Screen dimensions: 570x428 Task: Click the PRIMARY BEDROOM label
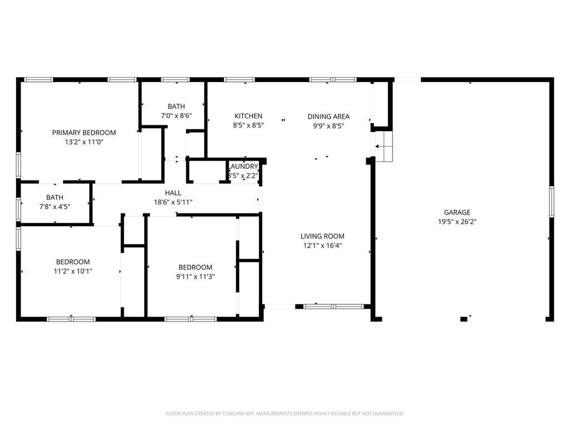pyautogui.click(x=84, y=133)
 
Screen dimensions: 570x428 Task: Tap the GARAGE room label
pyautogui.click(x=457, y=212)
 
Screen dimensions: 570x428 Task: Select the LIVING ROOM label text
pyautogui.click(x=322, y=236)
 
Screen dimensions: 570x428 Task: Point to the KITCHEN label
pyautogui.click(x=248, y=116)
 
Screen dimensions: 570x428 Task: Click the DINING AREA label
pyautogui.click(x=328, y=116)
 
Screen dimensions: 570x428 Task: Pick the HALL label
pyautogui.click(x=173, y=193)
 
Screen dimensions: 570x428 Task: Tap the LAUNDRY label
pyautogui.click(x=244, y=166)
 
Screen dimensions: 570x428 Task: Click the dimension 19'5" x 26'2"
pyautogui.click(x=457, y=222)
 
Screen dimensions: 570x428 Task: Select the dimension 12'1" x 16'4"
pyautogui.click(x=322, y=246)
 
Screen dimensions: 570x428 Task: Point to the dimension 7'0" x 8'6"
pyautogui.click(x=176, y=116)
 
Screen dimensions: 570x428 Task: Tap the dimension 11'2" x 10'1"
pyautogui.click(x=73, y=271)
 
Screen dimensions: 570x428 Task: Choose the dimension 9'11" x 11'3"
pyautogui.click(x=195, y=276)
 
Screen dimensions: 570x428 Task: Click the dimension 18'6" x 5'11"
pyautogui.click(x=173, y=202)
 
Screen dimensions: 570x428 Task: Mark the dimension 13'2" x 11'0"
pyautogui.click(x=84, y=142)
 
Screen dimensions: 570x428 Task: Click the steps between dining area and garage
pyautogui.click(x=384, y=147)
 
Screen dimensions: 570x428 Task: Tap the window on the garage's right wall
pyautogui.click(x=552, y=202)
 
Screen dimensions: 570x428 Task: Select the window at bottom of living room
pyautogui.click(x=334, y=307)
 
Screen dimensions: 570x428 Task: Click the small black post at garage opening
pyautogui.click(x=464, y=319)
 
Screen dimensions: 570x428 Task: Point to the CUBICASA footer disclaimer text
pyautogui.click(x=284, y=414)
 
